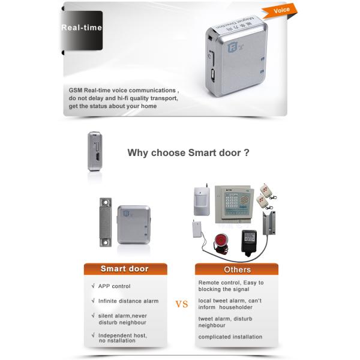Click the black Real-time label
click(x=82, y=28)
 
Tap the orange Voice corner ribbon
click(x=281, y=11)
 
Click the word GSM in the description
click(x=75, y=90)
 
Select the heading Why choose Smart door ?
click(x=188, y=153)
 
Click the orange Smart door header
click(x=124, y=269)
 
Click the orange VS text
click(x=181, y=304)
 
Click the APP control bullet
click(x=114, y=286)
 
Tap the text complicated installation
click(x=230, y=337)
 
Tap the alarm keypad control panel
click(x=236, y=204)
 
